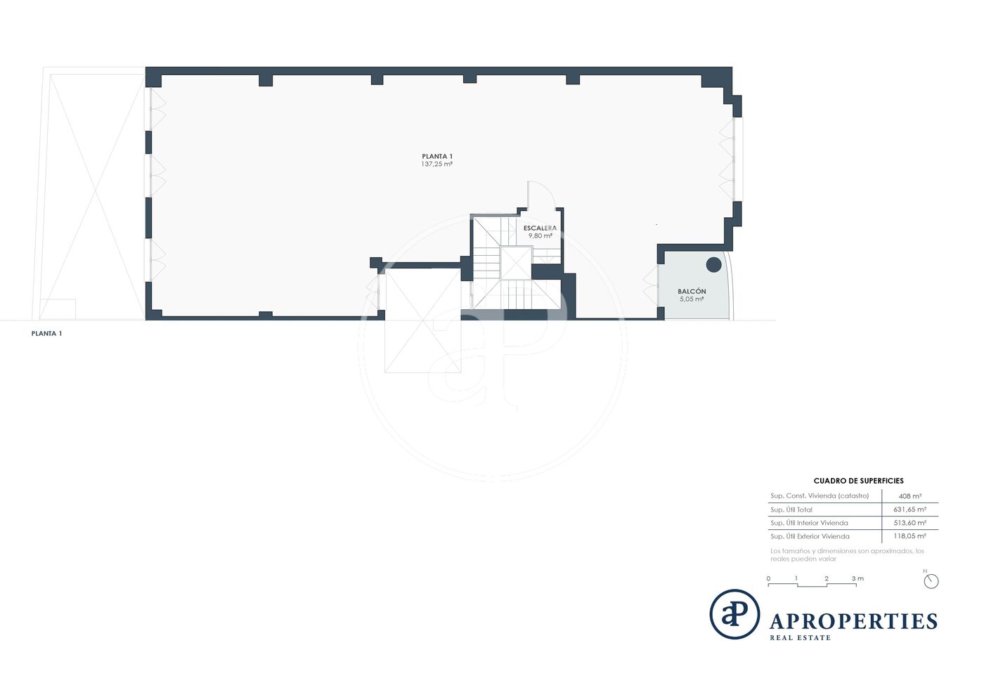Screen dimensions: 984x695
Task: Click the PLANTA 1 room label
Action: [x=437, y=157]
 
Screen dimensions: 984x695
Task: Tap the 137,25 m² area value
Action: [x=437, y=164]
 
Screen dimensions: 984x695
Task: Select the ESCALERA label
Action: [x=540, y=228]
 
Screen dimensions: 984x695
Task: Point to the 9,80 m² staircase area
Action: [x=540, y=236]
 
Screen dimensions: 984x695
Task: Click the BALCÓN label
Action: [x=692, y=291]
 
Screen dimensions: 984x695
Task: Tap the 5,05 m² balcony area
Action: [x=692, y=299]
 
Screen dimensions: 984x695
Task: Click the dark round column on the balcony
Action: [x=714, y=264]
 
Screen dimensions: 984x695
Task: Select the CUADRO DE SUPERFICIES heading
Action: [x=859, y=481]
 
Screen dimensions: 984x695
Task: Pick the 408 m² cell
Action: [x=910, y=496]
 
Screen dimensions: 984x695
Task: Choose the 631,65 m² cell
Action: [x=910, y=509]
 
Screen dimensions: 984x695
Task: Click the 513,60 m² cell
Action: [x=910, y=523]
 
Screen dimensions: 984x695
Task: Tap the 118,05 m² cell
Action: [x=910, y=536]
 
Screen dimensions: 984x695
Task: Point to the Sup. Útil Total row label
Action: [x=791, y=509]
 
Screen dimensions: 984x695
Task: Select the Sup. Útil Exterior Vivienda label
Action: [x=810, y=536]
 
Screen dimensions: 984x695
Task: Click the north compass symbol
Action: [x=931, y=580]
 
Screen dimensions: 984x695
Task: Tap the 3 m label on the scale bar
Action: [x=857, y=578]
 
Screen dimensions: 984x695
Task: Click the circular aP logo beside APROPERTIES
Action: [x=734, y=614]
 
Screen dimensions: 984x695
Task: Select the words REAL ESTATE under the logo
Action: [x=800, y=638]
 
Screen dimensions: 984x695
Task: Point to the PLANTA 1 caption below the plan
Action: [x=46, y=333]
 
